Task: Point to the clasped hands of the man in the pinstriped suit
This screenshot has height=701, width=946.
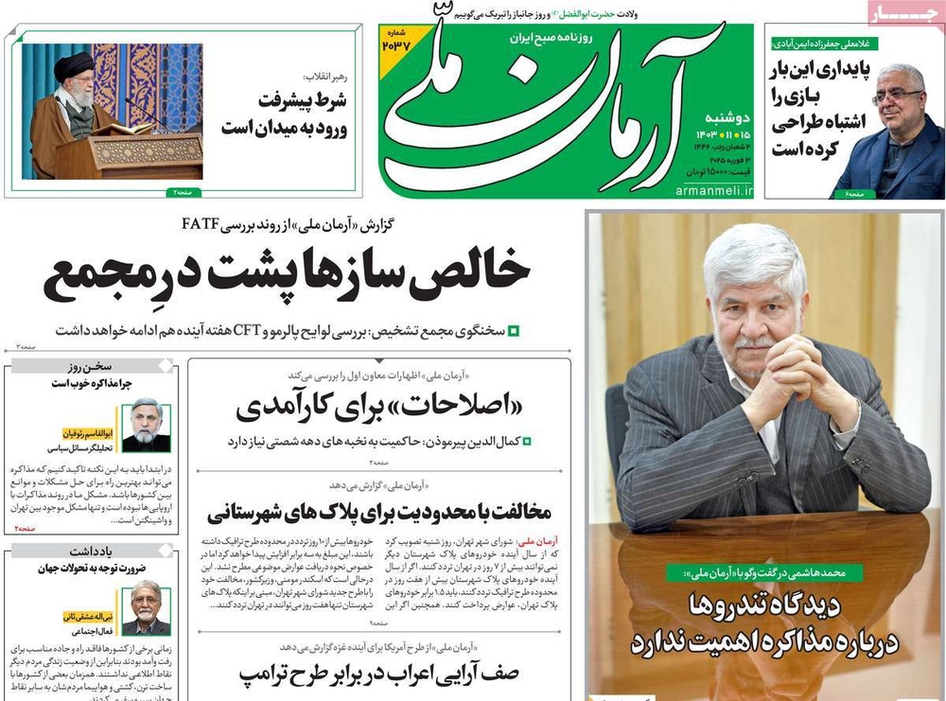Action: click(x=796, y=368)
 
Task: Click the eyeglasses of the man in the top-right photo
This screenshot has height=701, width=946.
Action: click(x=896, y=96)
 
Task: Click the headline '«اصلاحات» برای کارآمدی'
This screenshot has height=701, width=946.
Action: click(x=379, y=408)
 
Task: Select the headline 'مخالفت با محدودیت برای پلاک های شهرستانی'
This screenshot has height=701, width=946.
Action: click(x=378, y=513)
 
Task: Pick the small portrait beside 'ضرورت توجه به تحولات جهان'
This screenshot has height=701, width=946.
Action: click(x=147, y=607)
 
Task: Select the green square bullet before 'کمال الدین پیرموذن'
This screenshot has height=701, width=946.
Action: click(x=527, y=441)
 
